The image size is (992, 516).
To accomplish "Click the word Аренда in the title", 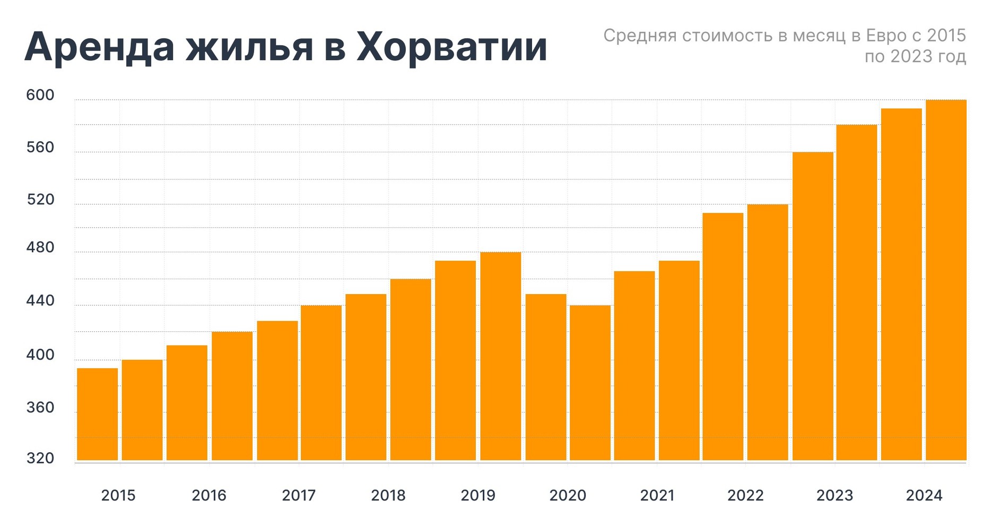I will [x=99, y=47].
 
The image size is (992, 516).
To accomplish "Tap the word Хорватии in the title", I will [x=451, y=47].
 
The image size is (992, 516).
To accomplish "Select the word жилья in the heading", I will [x=249, y=47].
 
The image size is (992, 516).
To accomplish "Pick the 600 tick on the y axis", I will [x=40, y=96].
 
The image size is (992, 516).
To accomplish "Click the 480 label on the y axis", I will [x=40, y=247].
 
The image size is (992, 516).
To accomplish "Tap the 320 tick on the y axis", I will [x=40, y=459].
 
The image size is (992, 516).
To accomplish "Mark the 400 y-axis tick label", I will [x=40, y=355].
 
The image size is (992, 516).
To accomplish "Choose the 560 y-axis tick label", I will [x=40, y=148].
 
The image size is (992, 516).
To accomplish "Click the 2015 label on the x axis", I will [x=118, y=496].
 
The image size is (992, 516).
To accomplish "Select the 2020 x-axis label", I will [x=568, y=496].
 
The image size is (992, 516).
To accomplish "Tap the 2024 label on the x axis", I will [x=924, y=496].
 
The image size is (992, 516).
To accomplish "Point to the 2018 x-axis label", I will [x=388, y=496].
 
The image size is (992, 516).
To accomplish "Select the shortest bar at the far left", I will [x=98, y=414].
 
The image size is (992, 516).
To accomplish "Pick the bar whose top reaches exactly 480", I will [x=501, y=356].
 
